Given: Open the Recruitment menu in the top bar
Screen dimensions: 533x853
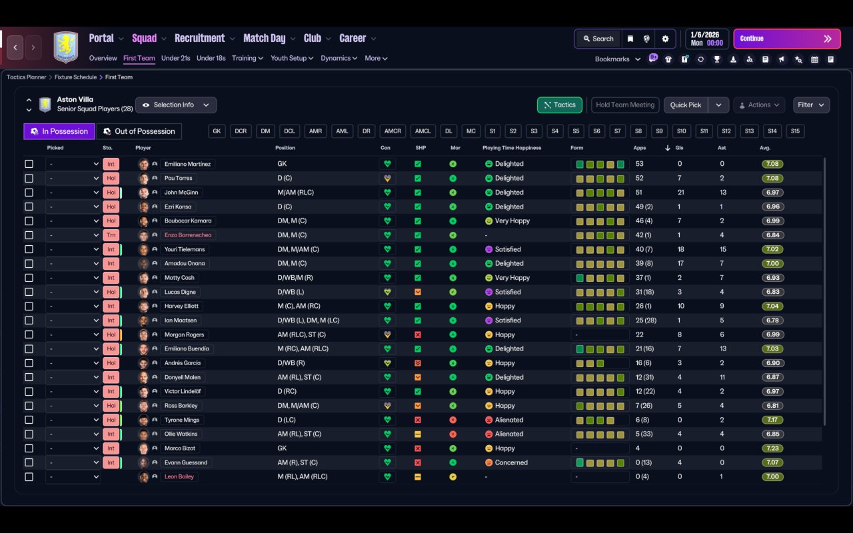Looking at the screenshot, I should click(x=200, y=38).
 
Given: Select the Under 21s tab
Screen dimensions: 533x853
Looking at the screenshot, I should click(x=175, y=58).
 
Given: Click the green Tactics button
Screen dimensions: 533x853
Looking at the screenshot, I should click(x=560, y=105).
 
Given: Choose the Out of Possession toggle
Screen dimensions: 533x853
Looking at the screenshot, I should click(x=139, y=131).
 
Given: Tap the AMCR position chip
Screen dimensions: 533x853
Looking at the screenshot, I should click(x=393, y=131).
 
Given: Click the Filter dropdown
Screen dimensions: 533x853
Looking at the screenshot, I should click(x=810, y=105).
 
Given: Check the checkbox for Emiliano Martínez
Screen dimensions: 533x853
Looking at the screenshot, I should click(x=29, y=164).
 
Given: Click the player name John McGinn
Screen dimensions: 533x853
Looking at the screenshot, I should click(x=181, y=193).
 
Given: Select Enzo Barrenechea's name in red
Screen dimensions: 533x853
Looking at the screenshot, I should click(x=188, y=235).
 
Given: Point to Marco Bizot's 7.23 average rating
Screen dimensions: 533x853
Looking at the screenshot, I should click(x=772, y=448).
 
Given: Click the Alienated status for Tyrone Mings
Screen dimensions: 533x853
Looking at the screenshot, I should click(x=509, y=420).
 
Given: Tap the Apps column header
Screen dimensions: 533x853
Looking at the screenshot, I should click(x=640, y=148).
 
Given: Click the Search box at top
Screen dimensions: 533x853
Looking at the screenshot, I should click(x=598, y=39).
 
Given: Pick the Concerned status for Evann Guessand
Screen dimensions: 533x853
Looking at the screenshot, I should click(x=511, y=462).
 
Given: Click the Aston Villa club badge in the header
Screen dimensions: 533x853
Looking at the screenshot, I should click(x=65, y=47).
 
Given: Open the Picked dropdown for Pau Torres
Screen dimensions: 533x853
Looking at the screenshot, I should click(x=73, y=179).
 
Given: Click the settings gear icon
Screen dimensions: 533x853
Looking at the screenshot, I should click(x=665, y=39).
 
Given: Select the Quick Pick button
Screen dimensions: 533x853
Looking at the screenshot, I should click(x=686, y=105).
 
